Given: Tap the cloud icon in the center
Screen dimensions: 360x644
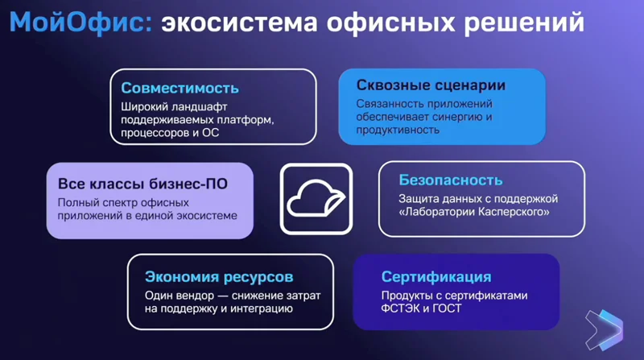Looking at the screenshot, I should pyautogui.click(x=316, y=198).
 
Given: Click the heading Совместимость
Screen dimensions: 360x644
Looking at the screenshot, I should pyautogui.click(x=180, y=88).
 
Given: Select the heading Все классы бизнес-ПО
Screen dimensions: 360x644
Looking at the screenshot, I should pyautogui.click(x=142, y=184).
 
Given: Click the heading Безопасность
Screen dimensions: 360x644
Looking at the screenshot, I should pyautogui.click(x=451, y=180).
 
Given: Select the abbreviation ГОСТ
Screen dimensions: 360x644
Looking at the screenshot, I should pyautogui.click(x=447, y=308).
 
